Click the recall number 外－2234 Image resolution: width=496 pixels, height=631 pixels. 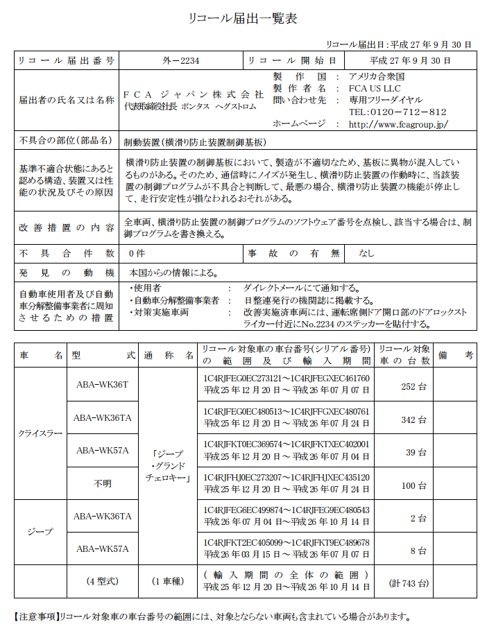tap(180, 61)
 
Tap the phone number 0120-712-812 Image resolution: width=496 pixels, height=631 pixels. tap(397, 112)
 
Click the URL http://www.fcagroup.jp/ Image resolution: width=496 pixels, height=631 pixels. tap(398, 124)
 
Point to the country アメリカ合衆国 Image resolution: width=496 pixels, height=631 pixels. tap(377, 77)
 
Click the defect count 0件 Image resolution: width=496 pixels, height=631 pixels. tap(137, 254)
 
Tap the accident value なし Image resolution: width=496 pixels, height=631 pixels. tap(366, 254)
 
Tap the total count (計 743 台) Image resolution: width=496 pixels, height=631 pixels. tap(409, 584)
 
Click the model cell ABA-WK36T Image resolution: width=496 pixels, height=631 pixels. tap(101, 385)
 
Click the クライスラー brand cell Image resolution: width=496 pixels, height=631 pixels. tap(40, 434)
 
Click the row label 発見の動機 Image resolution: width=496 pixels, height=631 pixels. tap(67, 273)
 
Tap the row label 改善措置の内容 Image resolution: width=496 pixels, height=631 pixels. tap(67, 228)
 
